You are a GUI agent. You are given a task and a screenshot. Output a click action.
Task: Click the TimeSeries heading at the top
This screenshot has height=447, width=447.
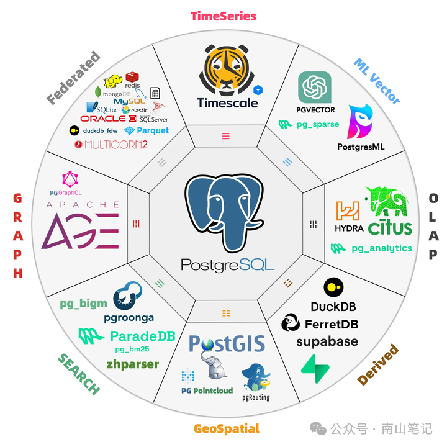pyautogui.click(x=223, y=16)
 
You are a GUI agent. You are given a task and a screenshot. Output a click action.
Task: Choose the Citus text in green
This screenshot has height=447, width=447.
pyautogui.click(x=390, y=228)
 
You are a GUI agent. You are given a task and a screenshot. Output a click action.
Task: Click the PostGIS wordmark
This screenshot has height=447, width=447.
pyautogui.click(x=227, y=343)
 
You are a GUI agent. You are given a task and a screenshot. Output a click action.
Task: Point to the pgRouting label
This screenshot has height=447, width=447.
pyautogui.click(x=256, y=397)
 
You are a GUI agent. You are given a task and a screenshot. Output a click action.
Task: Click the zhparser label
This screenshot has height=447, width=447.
pyautogui.click(x=133, y=364)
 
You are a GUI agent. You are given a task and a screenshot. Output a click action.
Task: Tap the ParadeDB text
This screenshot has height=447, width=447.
pyautogui.click(x=142, y=336)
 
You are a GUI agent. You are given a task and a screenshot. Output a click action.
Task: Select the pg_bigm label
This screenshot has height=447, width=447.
pyautogui.click(x=83, y=304)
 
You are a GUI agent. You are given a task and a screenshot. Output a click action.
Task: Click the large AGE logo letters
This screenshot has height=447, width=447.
pyautogui.click(x=80, y=230)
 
